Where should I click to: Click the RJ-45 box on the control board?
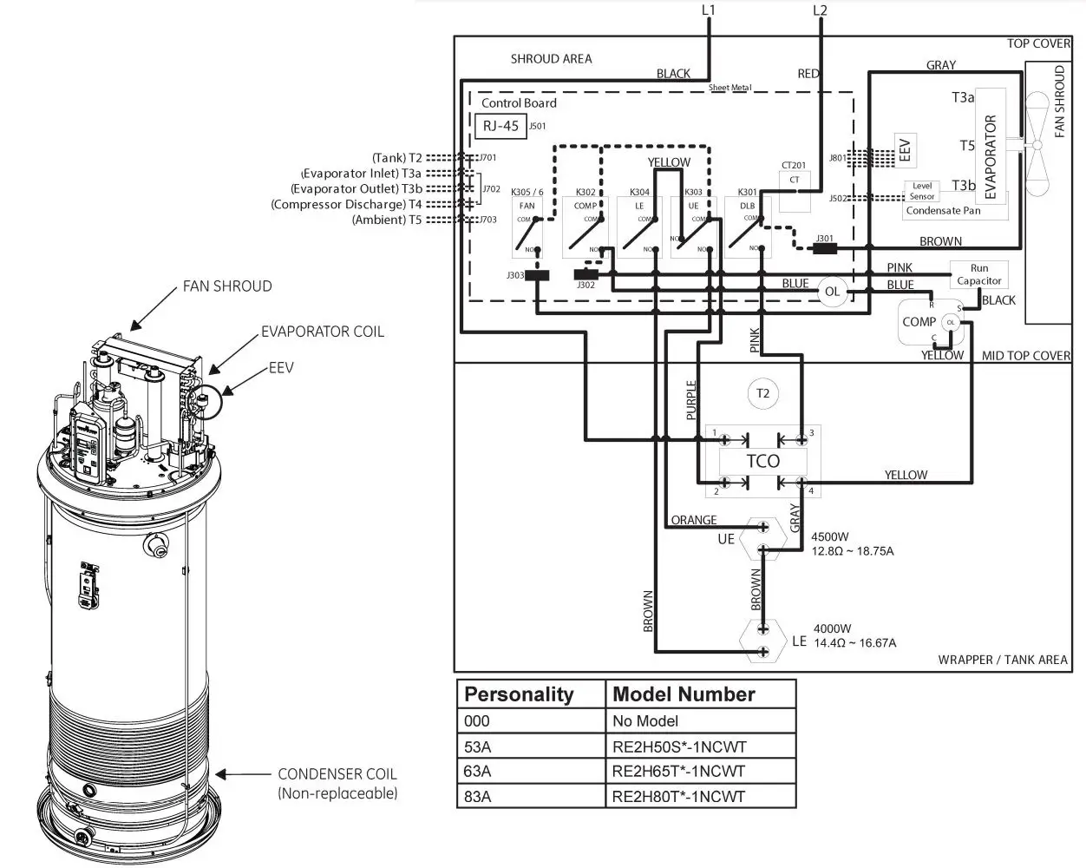[500, 126]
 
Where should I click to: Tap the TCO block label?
[762, 461]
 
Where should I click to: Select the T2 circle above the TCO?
[762, 393]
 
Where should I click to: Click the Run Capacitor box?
[978, 274]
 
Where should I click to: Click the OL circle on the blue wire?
[831, 292]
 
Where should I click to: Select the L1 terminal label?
[709, 10]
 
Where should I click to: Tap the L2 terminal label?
[820, 10]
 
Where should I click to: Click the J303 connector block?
[538, 276]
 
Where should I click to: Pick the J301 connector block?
[824, 248]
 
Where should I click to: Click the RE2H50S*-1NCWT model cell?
[678, 746]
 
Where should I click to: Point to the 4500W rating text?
[831, 536]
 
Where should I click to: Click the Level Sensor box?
[922, 191]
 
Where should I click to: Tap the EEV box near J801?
[905, 149]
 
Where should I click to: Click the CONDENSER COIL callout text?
[337, 774]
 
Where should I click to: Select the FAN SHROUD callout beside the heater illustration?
[226, 286]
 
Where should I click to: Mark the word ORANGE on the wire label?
[694, 520]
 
